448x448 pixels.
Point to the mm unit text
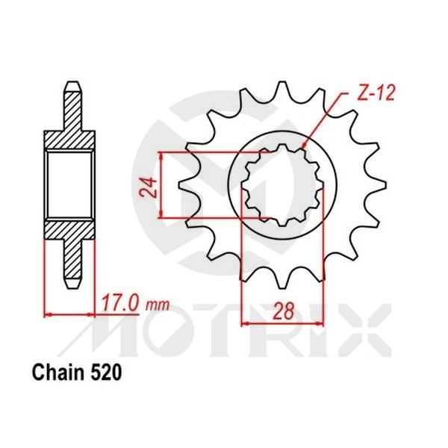(x=158, y=305)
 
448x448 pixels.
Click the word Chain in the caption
(x=55, y=371)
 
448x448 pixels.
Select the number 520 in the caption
(x=102, y=371)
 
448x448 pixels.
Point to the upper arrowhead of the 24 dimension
(x=162, y=155)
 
